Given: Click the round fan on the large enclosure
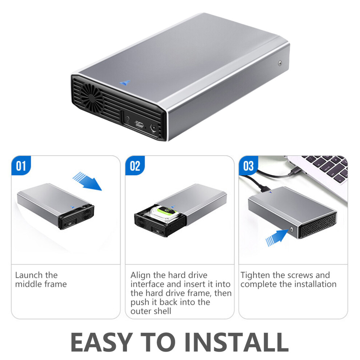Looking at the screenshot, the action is click(92, 97).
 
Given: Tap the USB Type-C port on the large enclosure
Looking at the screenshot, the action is click(139, 124).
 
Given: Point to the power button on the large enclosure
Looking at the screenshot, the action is click(127, 119).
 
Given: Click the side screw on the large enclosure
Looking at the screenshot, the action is click(280, 63).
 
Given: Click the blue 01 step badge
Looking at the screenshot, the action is click(21, 165).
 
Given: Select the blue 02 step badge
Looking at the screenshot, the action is click(135, 165).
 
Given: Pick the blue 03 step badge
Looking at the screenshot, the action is click(248, 165).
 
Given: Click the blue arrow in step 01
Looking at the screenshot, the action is click(88, 181).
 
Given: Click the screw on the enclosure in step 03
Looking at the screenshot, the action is click(292, 229).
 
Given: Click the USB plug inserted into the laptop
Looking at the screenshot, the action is click(296, 171).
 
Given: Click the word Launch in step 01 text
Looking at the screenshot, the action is click(29, 275).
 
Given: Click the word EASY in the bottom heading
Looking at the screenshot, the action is click(101, 342).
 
